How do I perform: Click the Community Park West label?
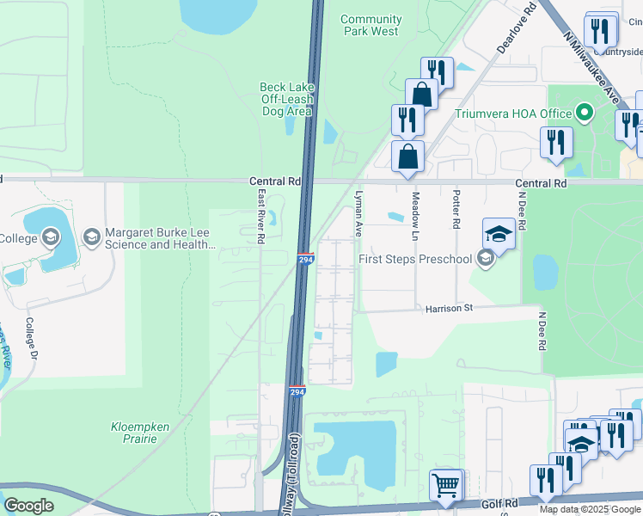(370, 25)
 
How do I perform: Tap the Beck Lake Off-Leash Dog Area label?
(286, 99)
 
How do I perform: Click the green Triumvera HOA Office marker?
(585, 114)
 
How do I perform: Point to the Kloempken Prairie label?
(133, 432)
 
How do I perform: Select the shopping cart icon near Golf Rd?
(446, 485)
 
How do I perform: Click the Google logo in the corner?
(28, 506)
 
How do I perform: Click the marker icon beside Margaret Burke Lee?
(92, 236)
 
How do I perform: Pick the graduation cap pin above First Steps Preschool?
(499, 232)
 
